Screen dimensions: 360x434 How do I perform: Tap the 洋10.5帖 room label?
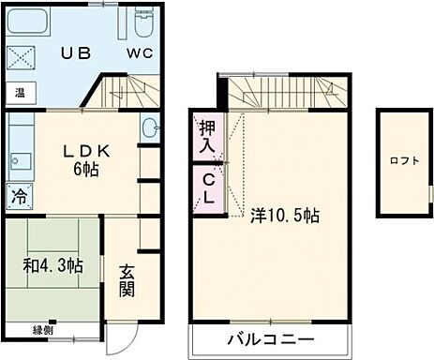(x=285, y=215)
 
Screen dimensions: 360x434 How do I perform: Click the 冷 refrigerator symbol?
(x=18, y=196)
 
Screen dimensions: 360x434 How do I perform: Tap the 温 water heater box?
(x=18, y=93)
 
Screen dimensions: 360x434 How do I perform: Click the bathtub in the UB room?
(x=36, y=22)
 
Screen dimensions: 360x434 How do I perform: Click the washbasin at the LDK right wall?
(x=151, y=129)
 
